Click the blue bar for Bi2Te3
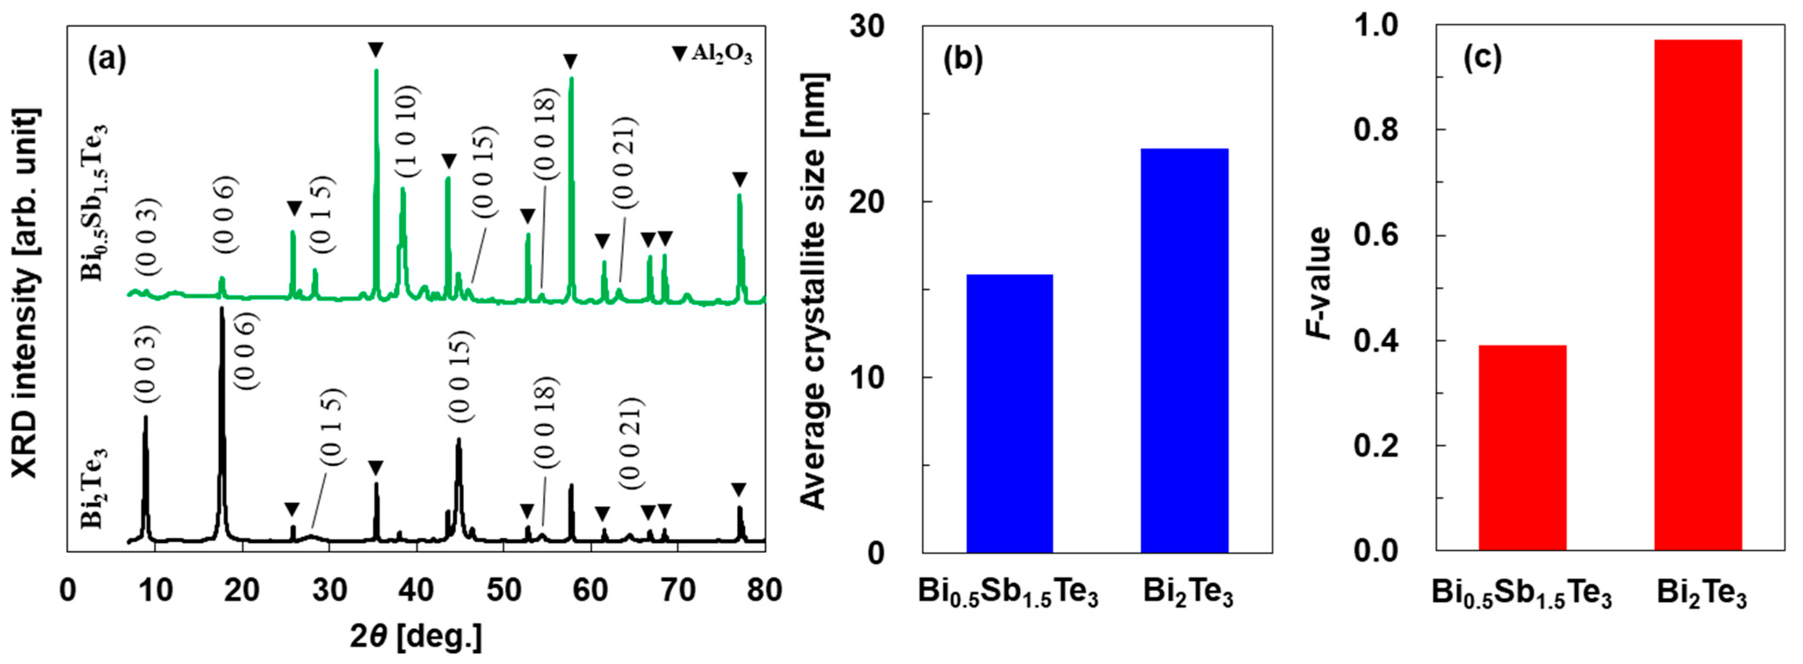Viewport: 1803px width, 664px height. click(x=1184, y=350)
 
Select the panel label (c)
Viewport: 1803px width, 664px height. click(x=1483, y=59)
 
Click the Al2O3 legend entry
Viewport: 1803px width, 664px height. click(x=713, y=54)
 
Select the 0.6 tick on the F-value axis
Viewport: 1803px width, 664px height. click(x=1375, y=236)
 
